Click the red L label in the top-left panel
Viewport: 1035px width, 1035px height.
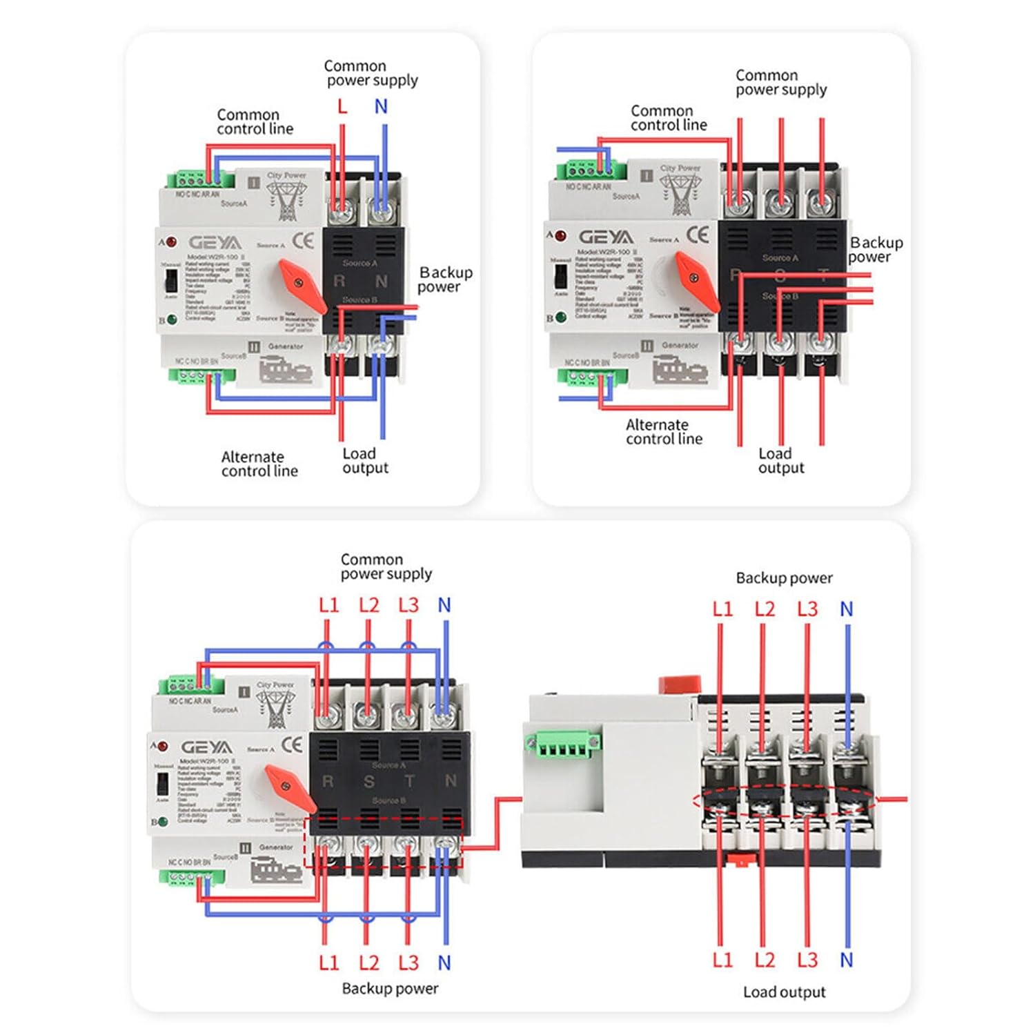342,106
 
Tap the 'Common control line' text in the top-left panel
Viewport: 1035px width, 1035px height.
255,121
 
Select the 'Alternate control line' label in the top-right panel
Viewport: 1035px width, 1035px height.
664,432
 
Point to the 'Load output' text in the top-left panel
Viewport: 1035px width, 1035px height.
365,461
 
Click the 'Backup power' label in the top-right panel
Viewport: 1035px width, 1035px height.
875,250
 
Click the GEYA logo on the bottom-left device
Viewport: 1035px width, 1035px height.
206,747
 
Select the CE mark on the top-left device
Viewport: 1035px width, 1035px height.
303,241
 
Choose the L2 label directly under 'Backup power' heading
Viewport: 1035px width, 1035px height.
765,609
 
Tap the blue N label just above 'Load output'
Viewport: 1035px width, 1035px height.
847,960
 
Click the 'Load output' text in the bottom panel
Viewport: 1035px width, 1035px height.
784,992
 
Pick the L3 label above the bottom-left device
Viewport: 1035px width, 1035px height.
408,605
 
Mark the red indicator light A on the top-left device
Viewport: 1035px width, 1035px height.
171,242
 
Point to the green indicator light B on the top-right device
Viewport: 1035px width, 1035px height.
561,317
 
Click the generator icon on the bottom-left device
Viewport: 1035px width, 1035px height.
276,869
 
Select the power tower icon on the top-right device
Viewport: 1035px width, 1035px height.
680,193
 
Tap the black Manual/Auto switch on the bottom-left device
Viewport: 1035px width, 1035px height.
163,783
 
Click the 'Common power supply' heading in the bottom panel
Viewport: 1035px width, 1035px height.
386,566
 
